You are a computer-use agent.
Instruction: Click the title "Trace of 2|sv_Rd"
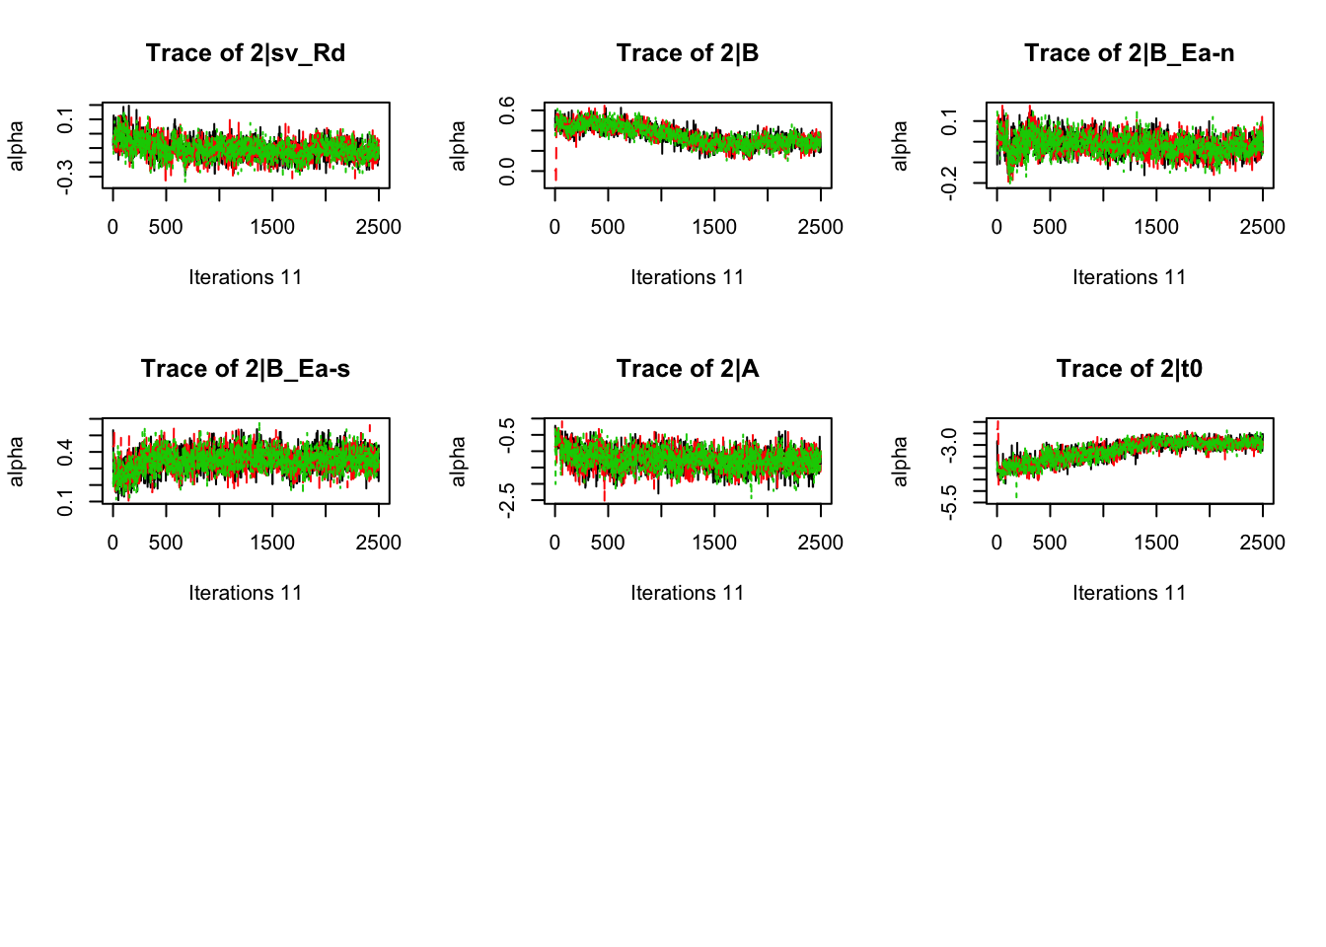(x=246, y=53)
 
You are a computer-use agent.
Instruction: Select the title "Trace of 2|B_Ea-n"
(x=1129, y=53)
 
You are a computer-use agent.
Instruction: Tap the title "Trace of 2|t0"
(x=1129, y=369)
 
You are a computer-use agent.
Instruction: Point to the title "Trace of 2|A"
(x=688, y=369)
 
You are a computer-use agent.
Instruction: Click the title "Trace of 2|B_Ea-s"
(x=246, y=369)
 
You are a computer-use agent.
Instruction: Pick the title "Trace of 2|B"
(x=688, y=53)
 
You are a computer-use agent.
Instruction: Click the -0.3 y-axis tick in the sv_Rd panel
(x=65, y=177)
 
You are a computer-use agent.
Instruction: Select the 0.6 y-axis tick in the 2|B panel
(x=507, y=109)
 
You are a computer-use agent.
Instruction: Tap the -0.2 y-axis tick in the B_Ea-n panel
(x=949, y=182)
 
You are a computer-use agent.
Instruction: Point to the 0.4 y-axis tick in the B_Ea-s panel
(x=65, y=453)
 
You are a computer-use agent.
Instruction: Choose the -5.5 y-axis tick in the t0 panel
(x=949, y=502)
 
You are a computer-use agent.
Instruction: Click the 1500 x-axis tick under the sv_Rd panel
(x=272, y=227)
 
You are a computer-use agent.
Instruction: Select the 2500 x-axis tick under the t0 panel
(x=1262, y=543)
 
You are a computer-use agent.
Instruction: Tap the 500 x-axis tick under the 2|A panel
(x=608, y=543)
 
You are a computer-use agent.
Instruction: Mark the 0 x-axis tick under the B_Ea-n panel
(x=996, y=227)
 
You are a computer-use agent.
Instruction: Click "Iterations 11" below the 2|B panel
(x=688, y=277)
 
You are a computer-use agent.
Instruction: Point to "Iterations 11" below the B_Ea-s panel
(x=246, y=593)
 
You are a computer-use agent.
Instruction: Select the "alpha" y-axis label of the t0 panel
(x=900, y=462)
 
